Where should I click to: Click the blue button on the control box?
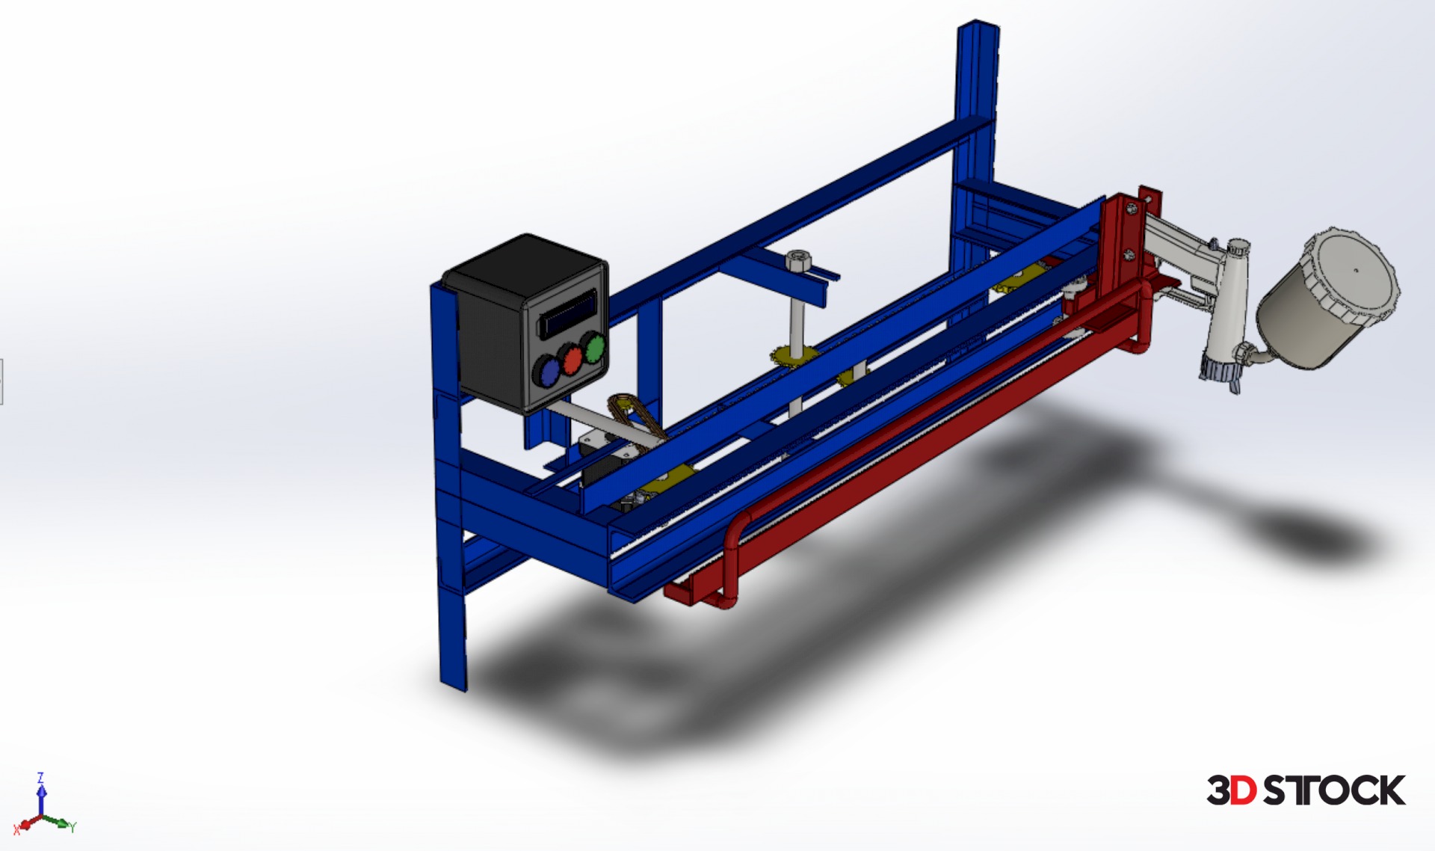pos(547,371)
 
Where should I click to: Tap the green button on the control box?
pos(595,348)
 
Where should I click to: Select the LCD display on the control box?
pos(569,313)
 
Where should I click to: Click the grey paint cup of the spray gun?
pos(1327,299)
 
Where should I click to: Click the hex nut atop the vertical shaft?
pos(797,261)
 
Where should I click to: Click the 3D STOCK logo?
pos(1306,790)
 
